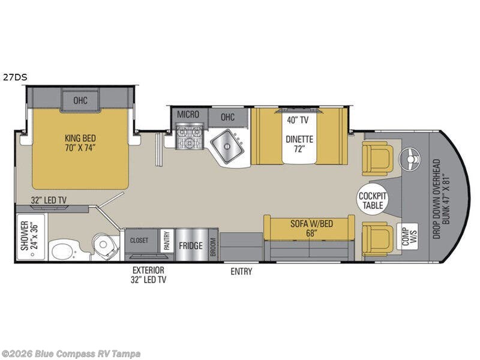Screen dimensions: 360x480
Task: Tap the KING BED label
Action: (x=80, y=140)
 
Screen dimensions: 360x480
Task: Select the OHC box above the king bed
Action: (x=80, y=100)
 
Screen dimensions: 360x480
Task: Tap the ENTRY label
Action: (x=241, y=272)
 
